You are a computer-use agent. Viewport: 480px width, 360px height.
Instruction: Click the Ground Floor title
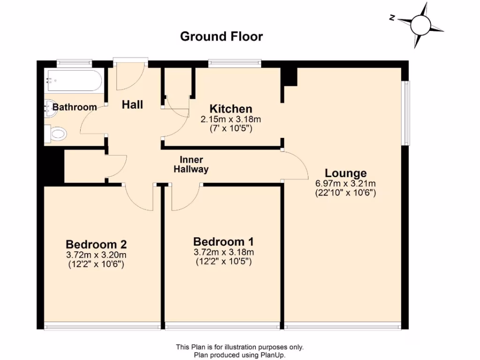(x=221, y=37)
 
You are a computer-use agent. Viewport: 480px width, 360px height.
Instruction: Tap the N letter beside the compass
(x=392, y=18)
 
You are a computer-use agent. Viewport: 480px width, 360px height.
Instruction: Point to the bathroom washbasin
(x=50, y=108)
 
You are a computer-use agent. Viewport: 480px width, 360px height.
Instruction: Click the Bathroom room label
(x=75, y=107)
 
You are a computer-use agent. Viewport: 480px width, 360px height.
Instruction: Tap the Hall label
(x=132, y=105)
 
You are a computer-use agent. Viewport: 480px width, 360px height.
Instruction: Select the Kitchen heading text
(x=231, y=109)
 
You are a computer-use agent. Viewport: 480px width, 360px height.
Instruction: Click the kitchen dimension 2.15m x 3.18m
(x=231, y=120)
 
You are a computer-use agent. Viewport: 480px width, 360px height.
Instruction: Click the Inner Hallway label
(x=191, y=165)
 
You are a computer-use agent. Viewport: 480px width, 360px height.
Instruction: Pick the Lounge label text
(x=345, y=173)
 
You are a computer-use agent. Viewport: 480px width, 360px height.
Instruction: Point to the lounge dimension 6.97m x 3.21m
(x=345, y=183)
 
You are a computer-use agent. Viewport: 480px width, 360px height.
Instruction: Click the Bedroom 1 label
(x=224, y=242)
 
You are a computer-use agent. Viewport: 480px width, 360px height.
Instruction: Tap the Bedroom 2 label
(x=96, y=244)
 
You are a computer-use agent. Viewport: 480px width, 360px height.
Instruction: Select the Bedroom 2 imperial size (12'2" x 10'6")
(x=96, y=264)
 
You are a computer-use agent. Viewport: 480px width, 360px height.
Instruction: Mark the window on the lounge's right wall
(x=406, y=112)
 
